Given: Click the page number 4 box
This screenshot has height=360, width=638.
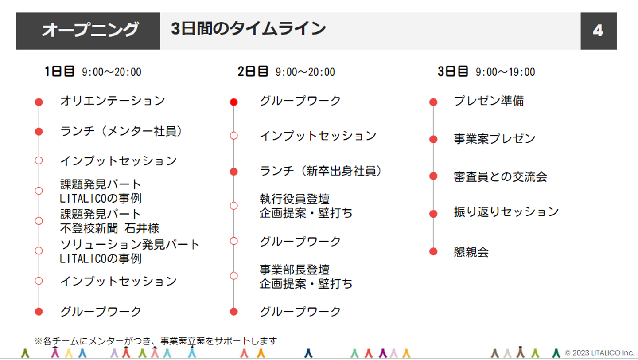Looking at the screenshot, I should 598,31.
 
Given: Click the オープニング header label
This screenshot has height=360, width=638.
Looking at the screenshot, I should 90,30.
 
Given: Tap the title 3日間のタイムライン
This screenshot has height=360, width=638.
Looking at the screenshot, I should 248,29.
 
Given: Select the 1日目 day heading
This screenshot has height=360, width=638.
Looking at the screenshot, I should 59,71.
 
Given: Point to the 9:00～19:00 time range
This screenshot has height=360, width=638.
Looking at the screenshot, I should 505,72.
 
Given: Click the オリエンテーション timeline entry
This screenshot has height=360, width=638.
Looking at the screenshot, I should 113,101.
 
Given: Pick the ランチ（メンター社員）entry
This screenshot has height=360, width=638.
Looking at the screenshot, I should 121,131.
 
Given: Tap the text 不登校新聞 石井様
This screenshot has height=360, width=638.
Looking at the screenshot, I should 109,228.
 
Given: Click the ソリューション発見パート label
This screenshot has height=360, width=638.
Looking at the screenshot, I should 130,244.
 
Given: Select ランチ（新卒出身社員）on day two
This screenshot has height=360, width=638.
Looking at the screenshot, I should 320,171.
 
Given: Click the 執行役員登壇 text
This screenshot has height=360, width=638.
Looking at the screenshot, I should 294,199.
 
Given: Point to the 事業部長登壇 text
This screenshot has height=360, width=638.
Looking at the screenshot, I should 294,270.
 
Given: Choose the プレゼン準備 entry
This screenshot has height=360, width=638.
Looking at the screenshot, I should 489,101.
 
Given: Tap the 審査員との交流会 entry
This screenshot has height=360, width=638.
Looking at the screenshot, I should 500,176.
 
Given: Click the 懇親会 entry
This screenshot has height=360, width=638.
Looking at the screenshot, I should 471,252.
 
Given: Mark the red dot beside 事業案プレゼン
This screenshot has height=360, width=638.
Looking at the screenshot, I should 433,139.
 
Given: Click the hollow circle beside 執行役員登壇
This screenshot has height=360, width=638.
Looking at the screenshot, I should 234,206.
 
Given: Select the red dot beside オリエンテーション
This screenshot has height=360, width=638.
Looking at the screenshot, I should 39,102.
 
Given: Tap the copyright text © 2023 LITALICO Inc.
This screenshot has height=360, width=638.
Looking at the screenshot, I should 599,353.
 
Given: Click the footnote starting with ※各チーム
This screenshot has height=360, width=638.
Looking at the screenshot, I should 156,341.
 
